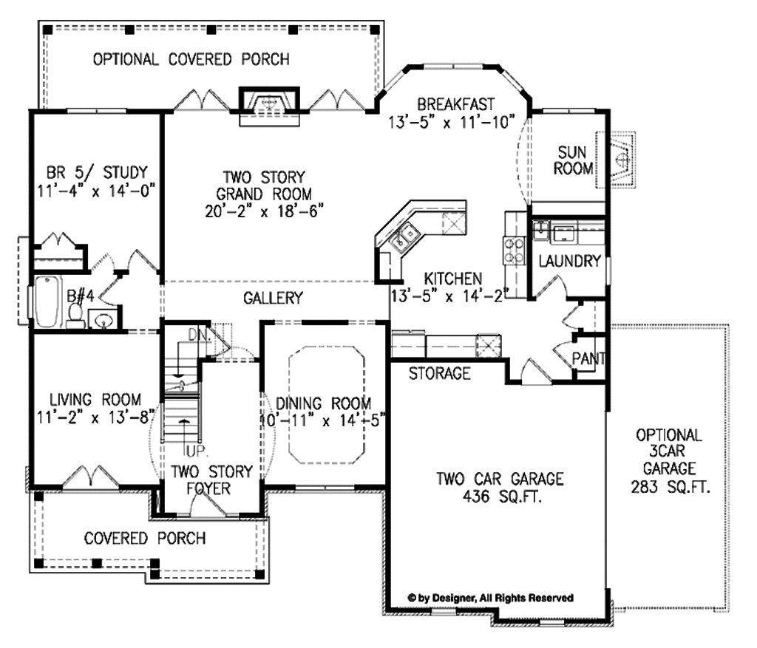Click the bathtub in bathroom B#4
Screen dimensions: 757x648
click(47, 301)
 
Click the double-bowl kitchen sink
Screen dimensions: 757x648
click(405, 236)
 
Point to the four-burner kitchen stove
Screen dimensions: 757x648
click(515, 250)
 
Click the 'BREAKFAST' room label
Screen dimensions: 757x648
click(455, 104)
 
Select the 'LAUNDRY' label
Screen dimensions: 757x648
click(570, 261)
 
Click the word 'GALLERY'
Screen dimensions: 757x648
click(273, 298)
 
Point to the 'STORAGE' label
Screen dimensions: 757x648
click(439, 373)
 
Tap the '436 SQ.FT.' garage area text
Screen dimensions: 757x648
click(502, 496)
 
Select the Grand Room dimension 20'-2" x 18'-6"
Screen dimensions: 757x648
click(264, 211)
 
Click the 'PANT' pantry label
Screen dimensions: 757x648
click(588, 358)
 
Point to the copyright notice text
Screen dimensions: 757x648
click(491, 598)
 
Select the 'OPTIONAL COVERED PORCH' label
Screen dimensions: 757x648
click(191, 59)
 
